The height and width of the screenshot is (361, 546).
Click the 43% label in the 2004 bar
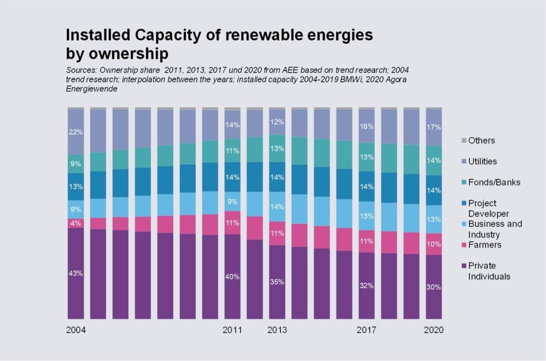point(75,274)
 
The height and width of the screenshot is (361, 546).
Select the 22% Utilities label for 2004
point(75,131)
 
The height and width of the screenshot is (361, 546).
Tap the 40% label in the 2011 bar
point(232,277)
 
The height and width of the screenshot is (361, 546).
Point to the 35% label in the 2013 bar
point(277,282)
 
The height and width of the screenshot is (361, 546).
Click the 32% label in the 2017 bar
point(366,286)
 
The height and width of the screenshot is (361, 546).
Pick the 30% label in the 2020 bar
point(433,287)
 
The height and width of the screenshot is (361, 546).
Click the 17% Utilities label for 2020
point(433,127)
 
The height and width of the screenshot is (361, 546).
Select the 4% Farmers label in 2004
point(75,223)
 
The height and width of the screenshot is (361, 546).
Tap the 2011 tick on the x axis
point(232,330)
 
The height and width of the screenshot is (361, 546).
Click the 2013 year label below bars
point(277,330)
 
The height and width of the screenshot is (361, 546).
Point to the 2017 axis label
point(366,330)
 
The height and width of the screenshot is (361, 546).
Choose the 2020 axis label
point(433,330)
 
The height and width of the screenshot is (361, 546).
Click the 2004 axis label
point(76,330)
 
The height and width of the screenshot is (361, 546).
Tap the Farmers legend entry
point(484,245)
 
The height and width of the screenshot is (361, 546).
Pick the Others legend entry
point(481,141)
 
